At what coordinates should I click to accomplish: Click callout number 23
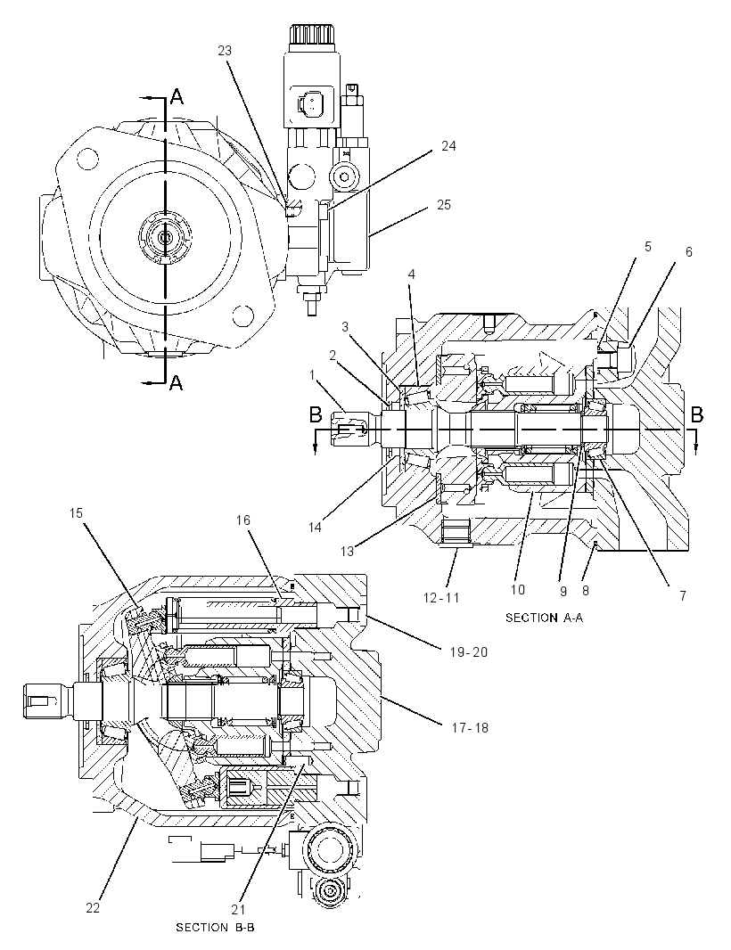point(225,51)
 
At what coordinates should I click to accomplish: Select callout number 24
point(448,146)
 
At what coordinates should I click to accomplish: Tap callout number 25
point(444,205)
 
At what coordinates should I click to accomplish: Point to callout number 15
point(76,513)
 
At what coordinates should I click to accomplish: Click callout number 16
point(243,520)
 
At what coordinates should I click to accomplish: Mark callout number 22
point(92,908)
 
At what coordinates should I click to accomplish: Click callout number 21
point(240,909)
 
